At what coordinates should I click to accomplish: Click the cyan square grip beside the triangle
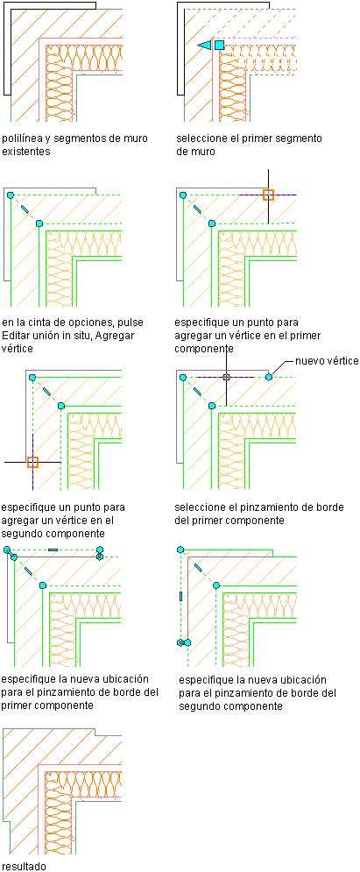pyautogui.click(x=220, y=45)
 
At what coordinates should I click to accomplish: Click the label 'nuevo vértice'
pyautogui.click(x=327, y=361)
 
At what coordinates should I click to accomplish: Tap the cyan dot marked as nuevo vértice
pyautogui.click(x=269, y=377)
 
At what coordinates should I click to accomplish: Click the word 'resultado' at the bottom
pyautogui.click(x=24, y=866)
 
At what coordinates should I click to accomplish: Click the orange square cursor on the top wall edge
pyautogui.click(x=268, y=195)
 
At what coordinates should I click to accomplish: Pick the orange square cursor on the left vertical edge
pyautogui.click(x=32, y=462)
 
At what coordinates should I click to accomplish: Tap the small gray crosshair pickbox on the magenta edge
pyautogui.click(x=226, y=377)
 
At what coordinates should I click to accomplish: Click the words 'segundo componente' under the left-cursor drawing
pyautogui.click(x=45, y=533)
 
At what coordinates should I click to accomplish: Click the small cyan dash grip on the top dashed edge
pyautogui.click(x=53, y=549)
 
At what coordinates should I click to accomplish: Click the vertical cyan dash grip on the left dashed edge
pyautogui.click(x=180, y=596)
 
